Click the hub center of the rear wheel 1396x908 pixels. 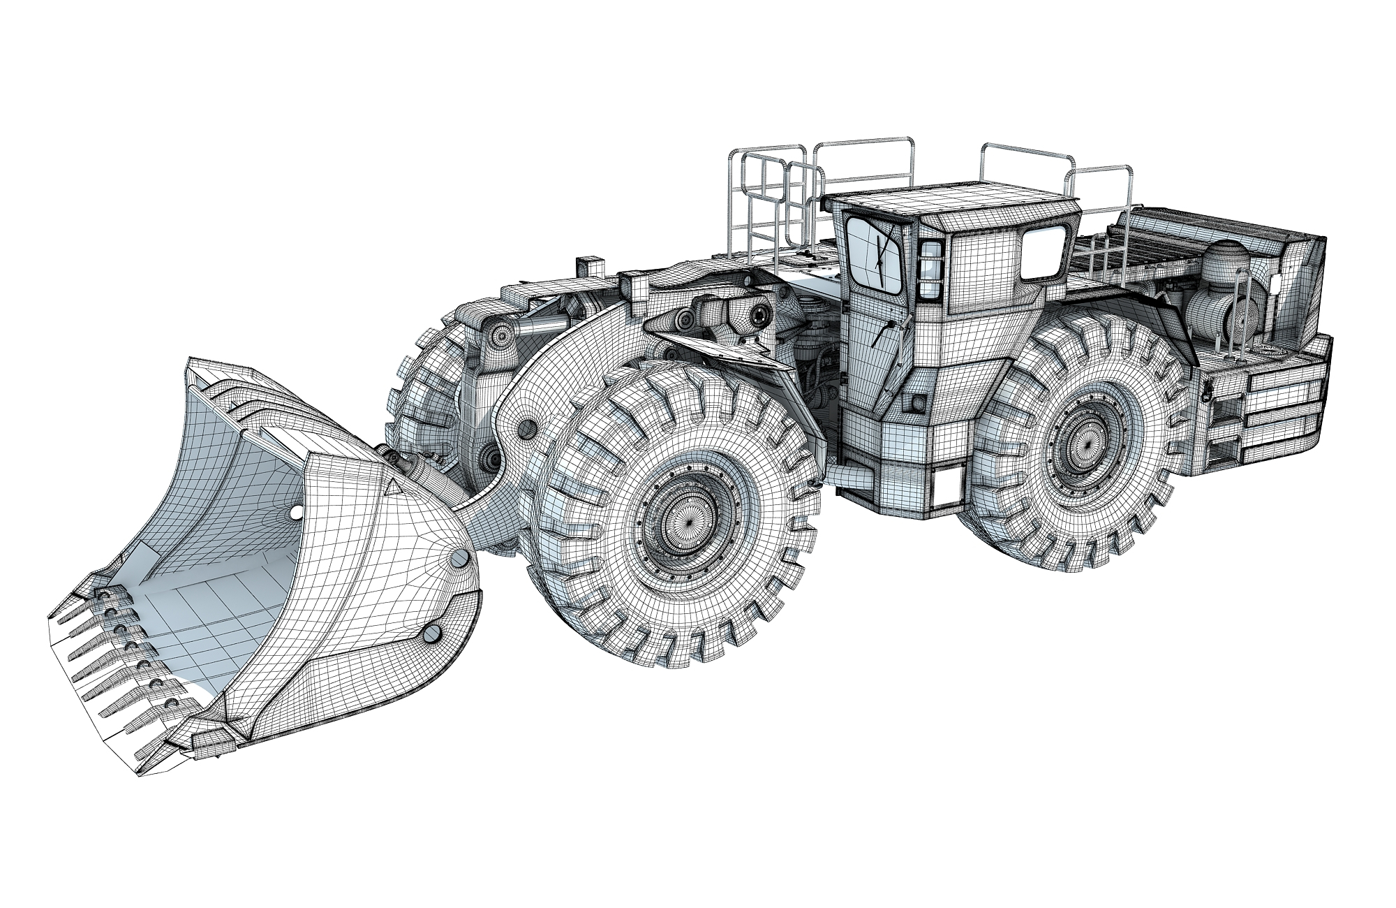click(x=1087, y=446)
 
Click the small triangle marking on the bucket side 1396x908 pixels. click(x=391, y=486)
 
